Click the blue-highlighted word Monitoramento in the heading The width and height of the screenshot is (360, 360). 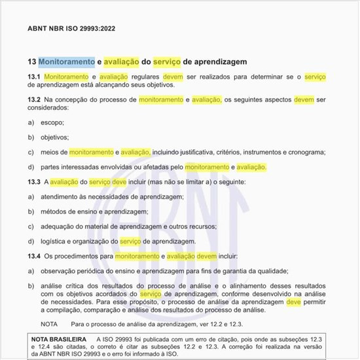coord(67,62)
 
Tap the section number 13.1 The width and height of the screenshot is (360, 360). coord(34,77)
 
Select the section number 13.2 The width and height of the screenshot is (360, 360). coord(34,100)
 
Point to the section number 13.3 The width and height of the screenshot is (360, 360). coord(34,181)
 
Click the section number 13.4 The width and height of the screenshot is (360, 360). coord(34,255)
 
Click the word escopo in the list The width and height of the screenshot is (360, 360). coord(52,122)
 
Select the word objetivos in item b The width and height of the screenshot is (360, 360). coord(54,137)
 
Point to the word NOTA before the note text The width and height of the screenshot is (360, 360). coord(49,324)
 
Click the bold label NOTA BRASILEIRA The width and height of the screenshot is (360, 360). coord(59,339)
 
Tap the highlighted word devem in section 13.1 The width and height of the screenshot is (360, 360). coord(173,77)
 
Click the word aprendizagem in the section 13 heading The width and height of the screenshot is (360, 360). coord(215,62)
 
